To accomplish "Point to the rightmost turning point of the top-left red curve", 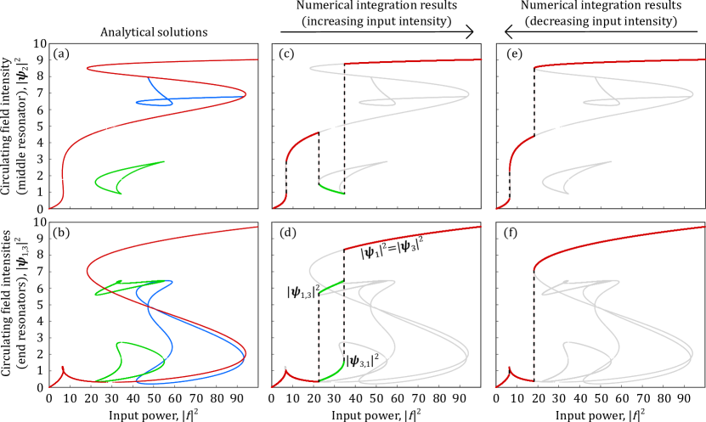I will click(x=246, y=93).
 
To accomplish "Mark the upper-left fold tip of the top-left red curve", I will click(x=88, y=68).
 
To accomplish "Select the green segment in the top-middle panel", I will click(x=331, y=189).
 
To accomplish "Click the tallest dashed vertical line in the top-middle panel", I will click(x=344, y=127).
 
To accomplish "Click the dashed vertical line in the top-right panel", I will click(x=534, y=102).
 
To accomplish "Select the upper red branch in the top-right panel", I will click(x=612, y=61).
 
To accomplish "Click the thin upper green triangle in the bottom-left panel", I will click(x=127, y=286).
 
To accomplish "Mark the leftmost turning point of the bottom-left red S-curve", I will click(x=88, y=272).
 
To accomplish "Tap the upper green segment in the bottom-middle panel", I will click(x=331, y=286).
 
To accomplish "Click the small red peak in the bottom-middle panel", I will click(x=286, y=371).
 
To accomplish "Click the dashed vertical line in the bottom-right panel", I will click(x=534, y=323).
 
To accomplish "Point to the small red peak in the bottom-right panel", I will click(x=510, y=369).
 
